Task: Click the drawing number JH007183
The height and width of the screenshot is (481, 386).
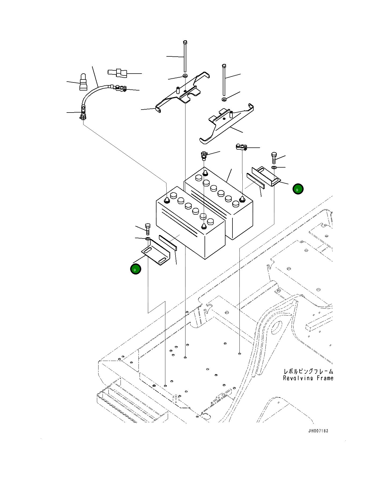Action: [x=318, y=431]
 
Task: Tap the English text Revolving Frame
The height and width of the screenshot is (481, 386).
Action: [x=308, y=378]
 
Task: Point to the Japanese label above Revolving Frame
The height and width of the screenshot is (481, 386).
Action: [x=308, y=371]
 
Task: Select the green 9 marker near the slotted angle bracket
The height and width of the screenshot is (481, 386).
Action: [x=136, y=269]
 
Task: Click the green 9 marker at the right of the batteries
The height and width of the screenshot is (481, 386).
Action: [x=298, y=189]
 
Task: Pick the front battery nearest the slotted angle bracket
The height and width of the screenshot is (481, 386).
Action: [x=191, y=223]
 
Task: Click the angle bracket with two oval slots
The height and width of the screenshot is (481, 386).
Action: [x=156, y=252]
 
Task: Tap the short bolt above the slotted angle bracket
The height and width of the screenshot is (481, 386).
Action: [x=147, y=229]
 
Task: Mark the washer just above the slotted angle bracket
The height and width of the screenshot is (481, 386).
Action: [x=148, y=238]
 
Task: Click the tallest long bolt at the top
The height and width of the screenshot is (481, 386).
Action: [x=185, y=56]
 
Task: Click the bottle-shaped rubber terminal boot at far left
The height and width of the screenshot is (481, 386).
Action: [x=84, y=82]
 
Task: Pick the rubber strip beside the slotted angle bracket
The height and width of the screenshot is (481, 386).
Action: [x=168, y=243]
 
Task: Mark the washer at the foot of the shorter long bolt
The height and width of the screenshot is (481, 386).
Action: [x=224, y=99]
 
